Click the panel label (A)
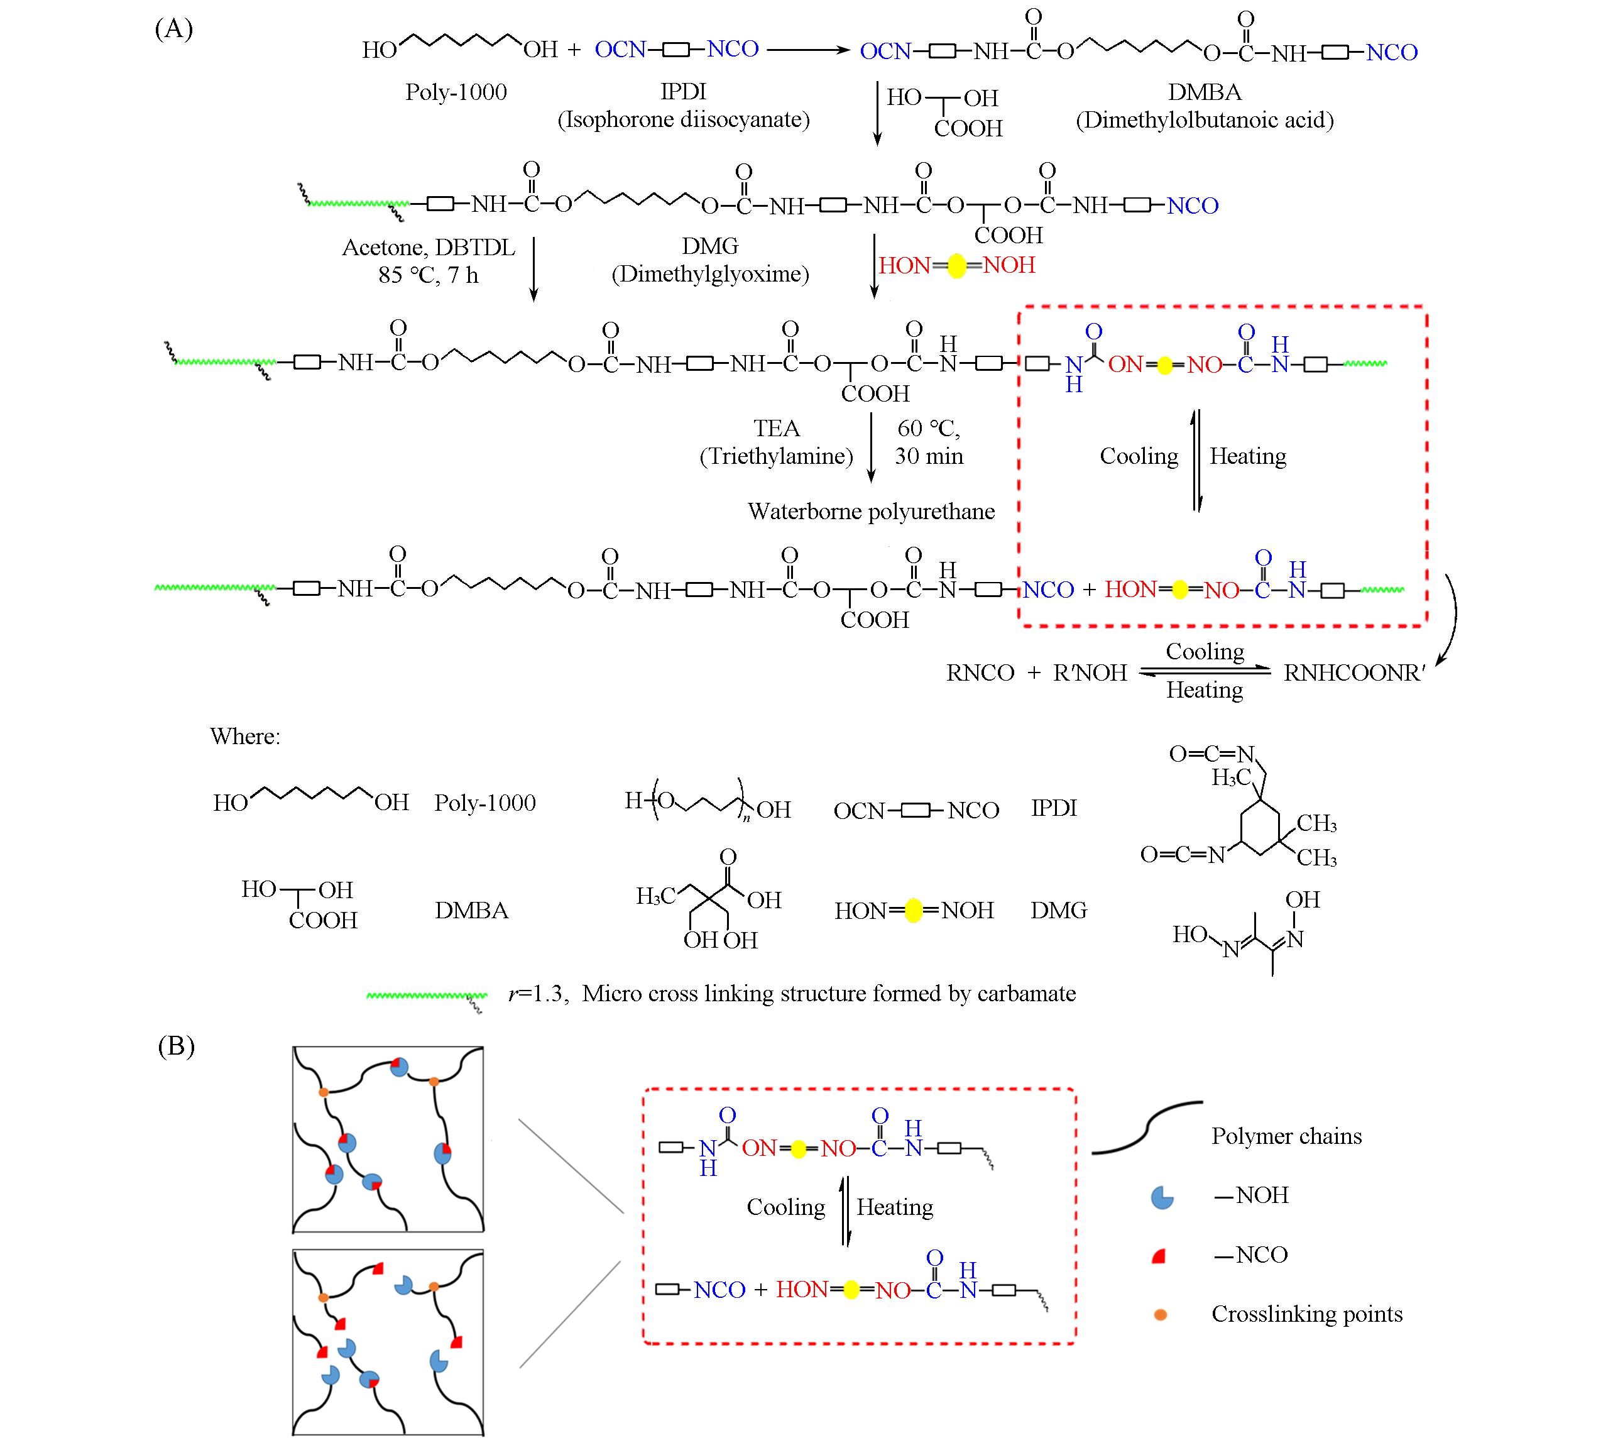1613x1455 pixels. coord(173,30)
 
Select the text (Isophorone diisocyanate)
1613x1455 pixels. coord(684,120)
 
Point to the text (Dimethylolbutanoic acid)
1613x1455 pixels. coord(1205,120)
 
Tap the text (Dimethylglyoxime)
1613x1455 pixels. coord(710,274)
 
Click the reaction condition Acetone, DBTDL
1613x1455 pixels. coord(429,247)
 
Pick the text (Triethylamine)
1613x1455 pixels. coord(776,456)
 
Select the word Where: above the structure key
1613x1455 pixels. coord(244,736)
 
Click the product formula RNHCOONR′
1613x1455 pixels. coord(1354,673)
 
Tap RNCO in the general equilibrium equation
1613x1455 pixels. coord(980,673)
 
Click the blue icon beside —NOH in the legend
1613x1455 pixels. coord(1161,1197)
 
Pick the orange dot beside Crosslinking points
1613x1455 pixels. coord(1161,1314)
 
